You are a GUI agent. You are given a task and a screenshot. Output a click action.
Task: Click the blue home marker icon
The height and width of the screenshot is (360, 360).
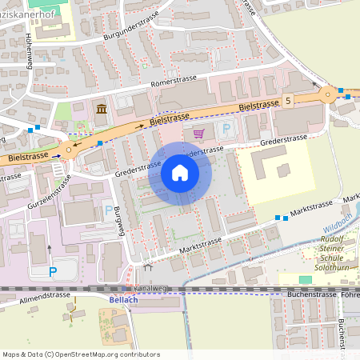click(180, 173)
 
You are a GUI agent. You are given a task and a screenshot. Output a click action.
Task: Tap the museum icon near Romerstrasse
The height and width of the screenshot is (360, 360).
click(102, 109)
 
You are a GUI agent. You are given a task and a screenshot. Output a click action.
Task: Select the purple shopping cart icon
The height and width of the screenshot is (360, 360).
click(198, 133)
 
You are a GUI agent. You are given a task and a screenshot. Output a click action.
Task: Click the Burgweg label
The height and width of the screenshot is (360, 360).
click(118, 226)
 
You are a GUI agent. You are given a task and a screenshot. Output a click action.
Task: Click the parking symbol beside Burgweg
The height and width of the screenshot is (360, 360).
click(108, 211)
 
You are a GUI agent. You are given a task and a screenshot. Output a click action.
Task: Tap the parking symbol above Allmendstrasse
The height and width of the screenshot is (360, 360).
click(53, 271)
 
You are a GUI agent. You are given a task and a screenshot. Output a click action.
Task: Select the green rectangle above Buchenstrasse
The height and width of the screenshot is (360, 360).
click(305, 279)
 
